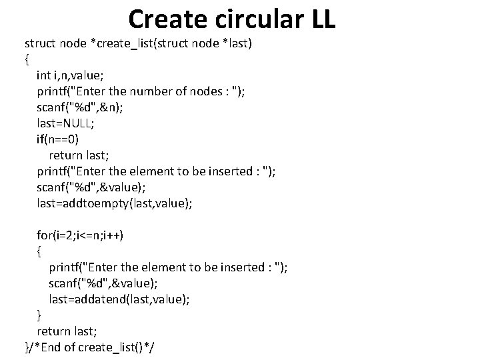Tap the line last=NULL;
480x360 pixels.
pyautogui.click(x=65, y=123)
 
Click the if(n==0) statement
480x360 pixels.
pyautogui.click(x=62, y=139)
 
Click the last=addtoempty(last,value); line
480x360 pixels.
pyautogui.click(x=115, y=203)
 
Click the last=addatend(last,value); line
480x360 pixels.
pyautogui.click(x=119, y=299)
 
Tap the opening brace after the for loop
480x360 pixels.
pyautogui.click(x=39, y=251)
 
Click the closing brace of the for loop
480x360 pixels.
pyautogui.click(x=39, y=315)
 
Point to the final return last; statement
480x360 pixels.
pyautogui.click(x=68, y=331)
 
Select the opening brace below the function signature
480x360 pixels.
pyautogui.click(x=27, y=59)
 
